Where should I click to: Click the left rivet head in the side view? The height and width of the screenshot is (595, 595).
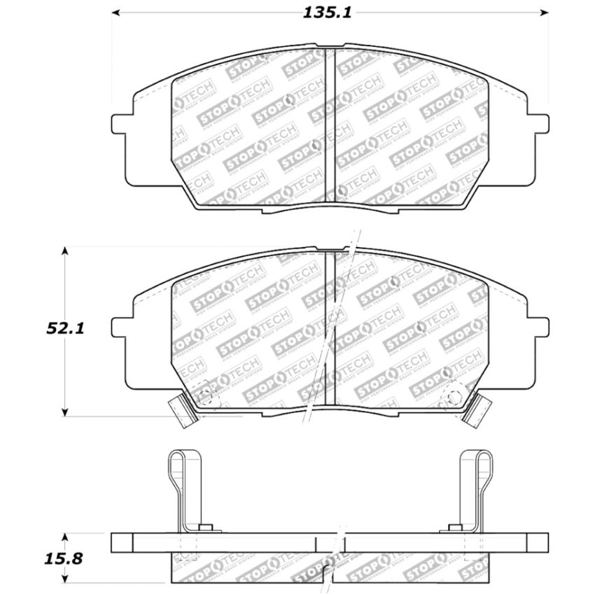(205, 528)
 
